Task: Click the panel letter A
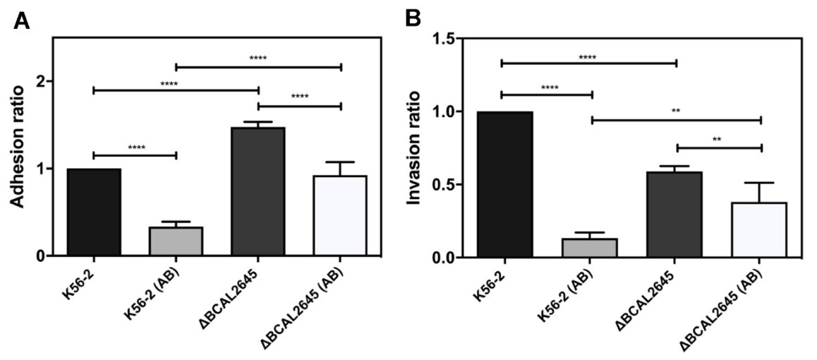tap(23, 21)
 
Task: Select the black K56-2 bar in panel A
tap(94, 212)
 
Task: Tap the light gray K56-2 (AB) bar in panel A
tap(176, 241)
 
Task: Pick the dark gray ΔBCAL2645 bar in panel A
tap(258, 191)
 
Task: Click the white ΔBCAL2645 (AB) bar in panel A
tap(340, 215)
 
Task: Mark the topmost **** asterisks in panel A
tap(258, 58)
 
